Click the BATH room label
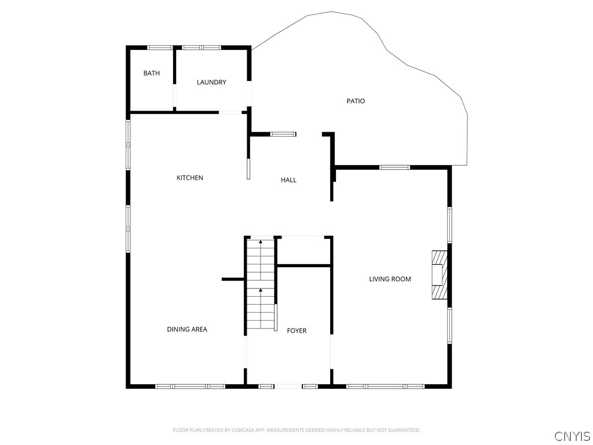[151, 73]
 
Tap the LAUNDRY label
[211, 82]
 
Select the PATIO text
[356, 101]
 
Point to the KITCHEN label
[190, 178]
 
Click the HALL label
[288, 180]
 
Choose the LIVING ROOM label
[390, 279]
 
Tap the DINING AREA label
[187, 329]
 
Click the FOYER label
[297, 331]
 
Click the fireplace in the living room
[440, 275]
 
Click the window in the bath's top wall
[160, 48]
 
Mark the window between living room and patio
[395, 167]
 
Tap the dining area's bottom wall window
[190, 386]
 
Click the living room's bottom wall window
[385, 386]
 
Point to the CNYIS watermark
[573, 436]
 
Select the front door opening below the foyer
[288, 386]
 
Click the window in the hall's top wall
[283, 134]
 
